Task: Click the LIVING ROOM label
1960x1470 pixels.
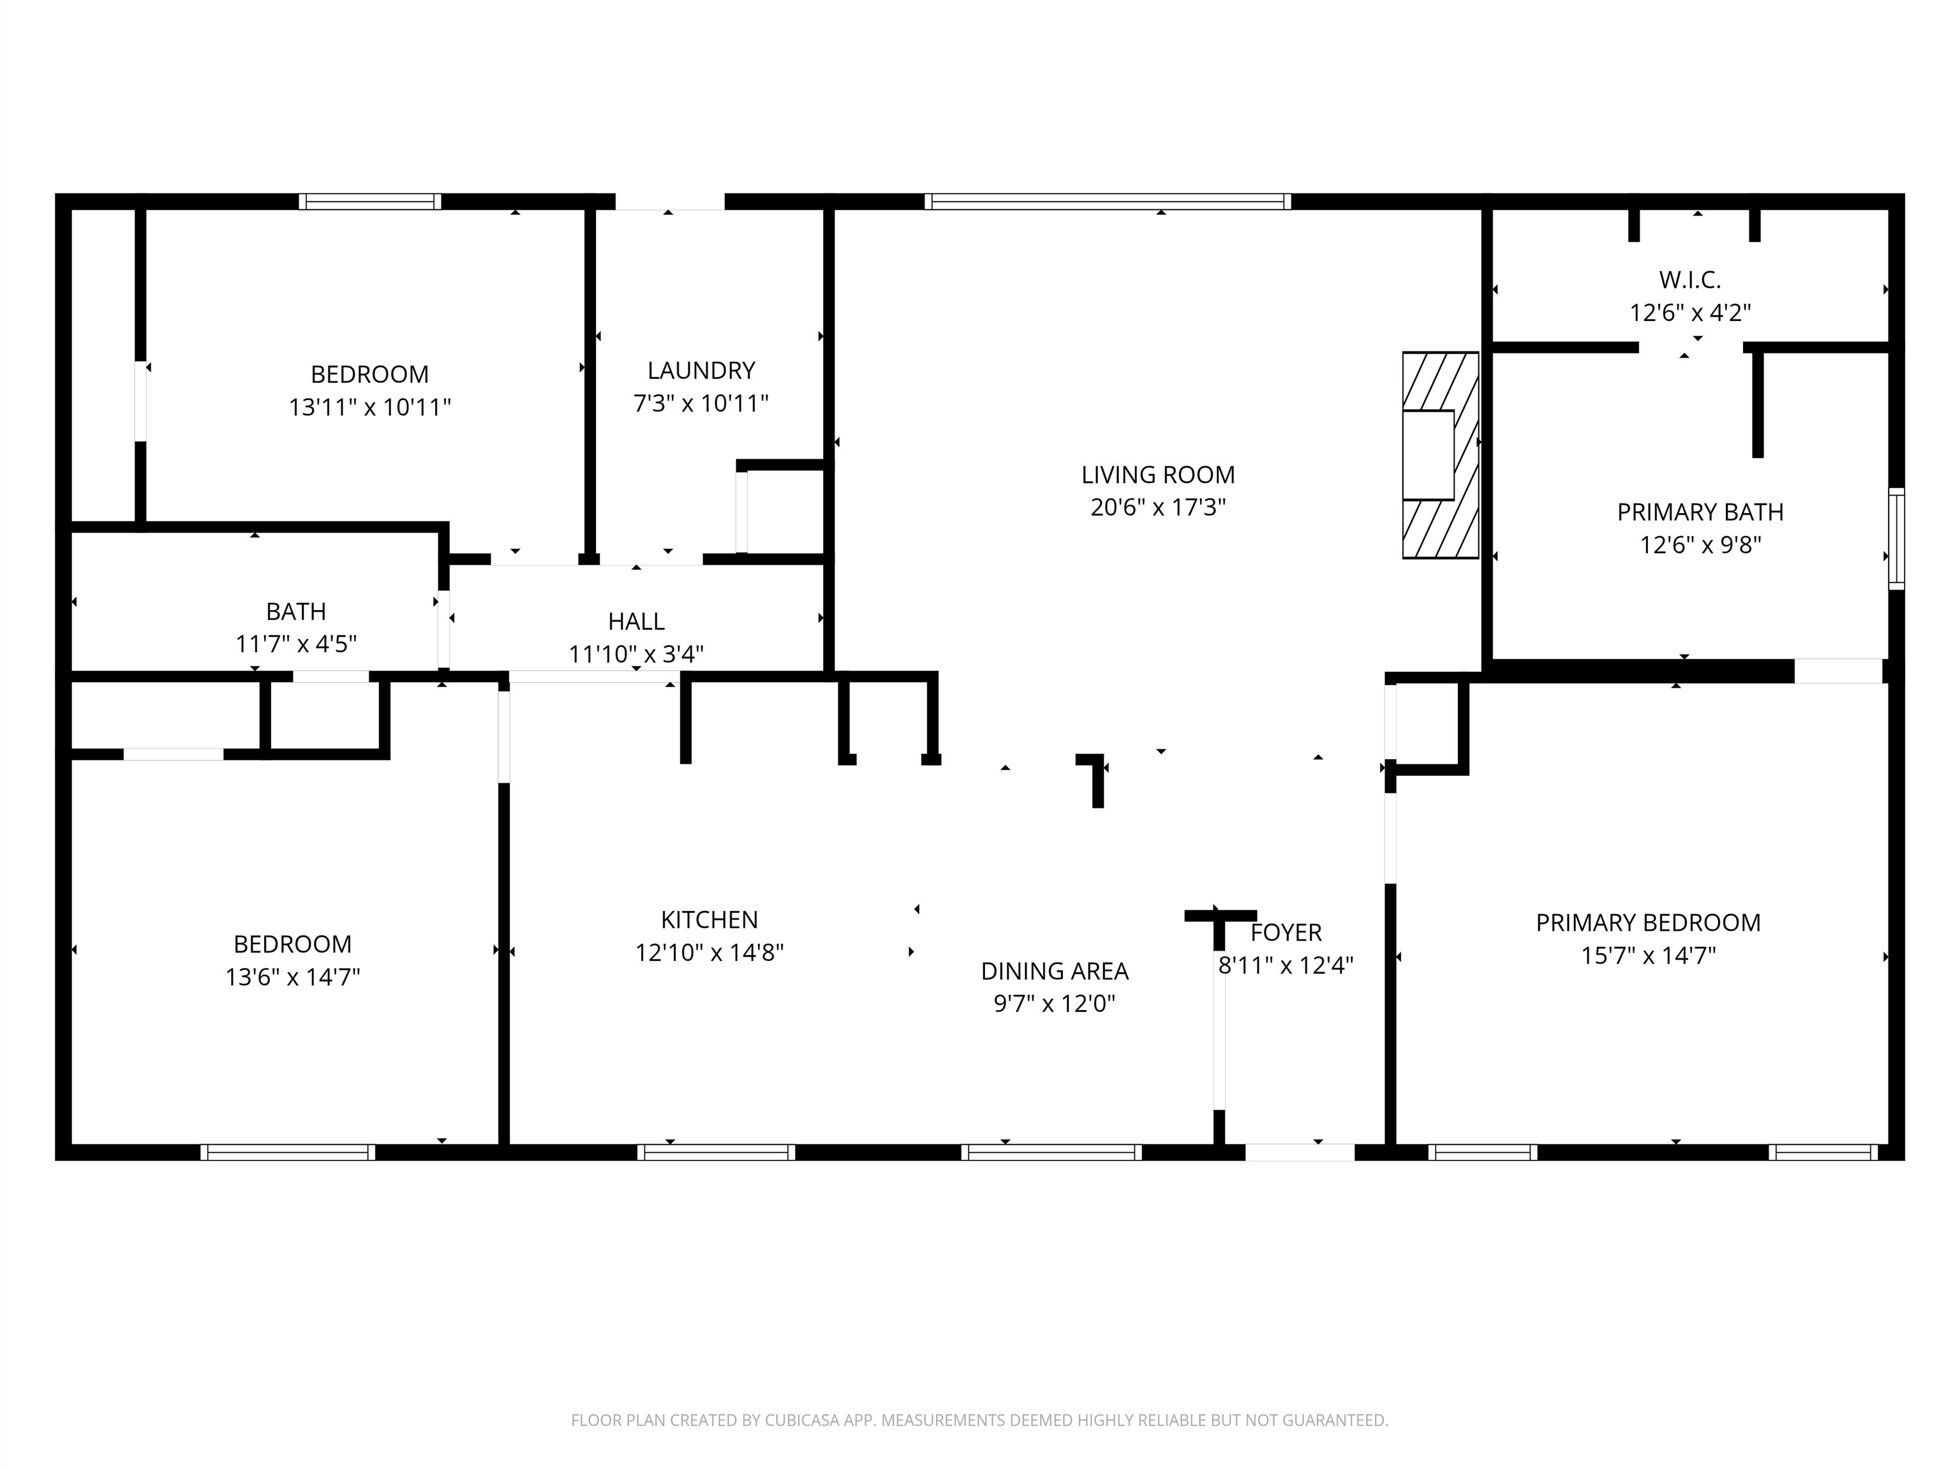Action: [1157, 475]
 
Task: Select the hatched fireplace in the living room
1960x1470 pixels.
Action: [1440, 456]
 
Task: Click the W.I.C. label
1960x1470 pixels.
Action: [1689, 280]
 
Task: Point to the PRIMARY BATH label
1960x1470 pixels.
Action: [1700, 512]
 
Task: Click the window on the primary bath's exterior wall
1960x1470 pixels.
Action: [1896, 538]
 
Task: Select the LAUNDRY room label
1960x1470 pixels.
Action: [701, 371]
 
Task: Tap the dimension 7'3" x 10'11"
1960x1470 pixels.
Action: [701, 404]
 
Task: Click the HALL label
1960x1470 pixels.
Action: [635, 621]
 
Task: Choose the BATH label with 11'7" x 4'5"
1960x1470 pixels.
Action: [296, 611]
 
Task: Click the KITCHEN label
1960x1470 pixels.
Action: [709, 920]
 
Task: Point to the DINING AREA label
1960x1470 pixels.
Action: [1055, 971]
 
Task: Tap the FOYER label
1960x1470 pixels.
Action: [1286, 932]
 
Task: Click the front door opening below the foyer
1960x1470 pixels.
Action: [1299, 1152]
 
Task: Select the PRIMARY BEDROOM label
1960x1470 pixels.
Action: [1647, 923]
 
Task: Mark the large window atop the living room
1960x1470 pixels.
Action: [1107, 201]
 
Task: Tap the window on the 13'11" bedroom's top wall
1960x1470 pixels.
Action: [369, 201]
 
